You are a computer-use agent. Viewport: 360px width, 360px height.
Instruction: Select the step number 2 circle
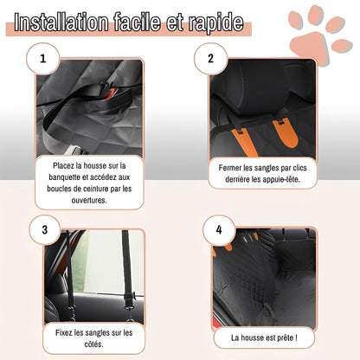coord(209,61)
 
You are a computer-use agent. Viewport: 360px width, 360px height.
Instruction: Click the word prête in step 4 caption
coord(286,337)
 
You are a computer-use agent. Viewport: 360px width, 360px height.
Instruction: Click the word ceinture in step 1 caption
coord(96,187)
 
